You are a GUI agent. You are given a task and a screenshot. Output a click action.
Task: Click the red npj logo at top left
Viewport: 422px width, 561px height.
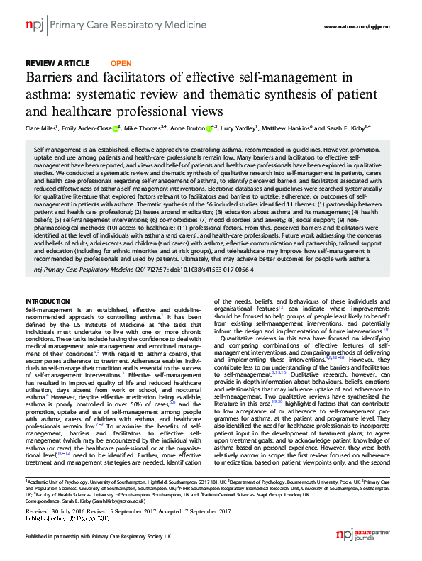click(33, 26)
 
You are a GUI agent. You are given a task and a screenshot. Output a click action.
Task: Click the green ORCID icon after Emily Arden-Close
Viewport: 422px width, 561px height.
click(117, 128)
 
